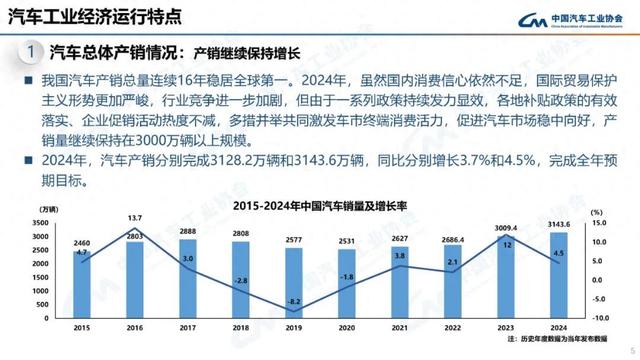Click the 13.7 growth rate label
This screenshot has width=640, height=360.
[135, 217]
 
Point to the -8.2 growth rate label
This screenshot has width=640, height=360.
[293, 300]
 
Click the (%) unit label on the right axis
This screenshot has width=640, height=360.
[596, 212]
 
